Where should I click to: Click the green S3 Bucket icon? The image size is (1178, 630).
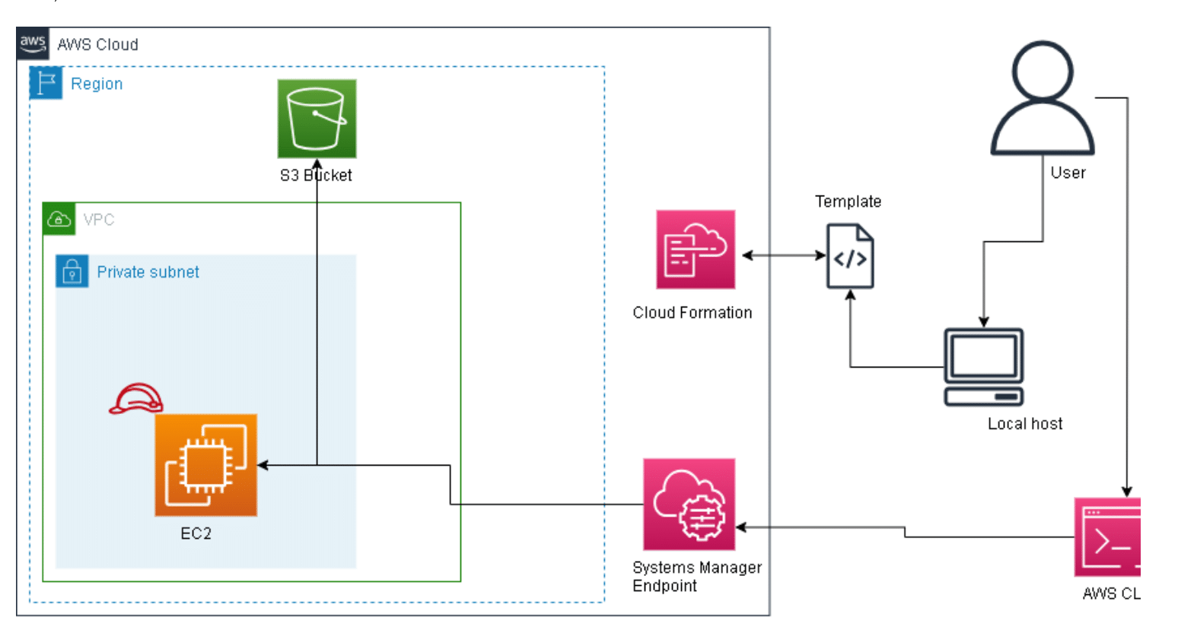click(317, 119)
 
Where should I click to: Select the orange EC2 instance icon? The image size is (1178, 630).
click(205, 465)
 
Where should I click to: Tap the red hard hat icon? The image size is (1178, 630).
click(136, 399)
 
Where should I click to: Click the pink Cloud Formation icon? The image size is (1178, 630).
click(696, 250)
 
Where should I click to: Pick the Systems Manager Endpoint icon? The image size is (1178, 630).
click(689, 504)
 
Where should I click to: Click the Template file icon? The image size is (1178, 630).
click(850, 256)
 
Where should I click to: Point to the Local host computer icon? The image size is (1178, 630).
click(983, 367)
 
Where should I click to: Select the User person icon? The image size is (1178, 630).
click(1042, 99)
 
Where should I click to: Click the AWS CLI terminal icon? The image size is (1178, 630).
click(1108, 537)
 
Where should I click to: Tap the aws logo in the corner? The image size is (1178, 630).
click(33, 43)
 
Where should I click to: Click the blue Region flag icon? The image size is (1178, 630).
click(46, 83)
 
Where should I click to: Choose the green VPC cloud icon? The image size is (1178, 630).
click(59, 219)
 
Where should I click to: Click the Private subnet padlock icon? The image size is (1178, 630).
click(72, 271)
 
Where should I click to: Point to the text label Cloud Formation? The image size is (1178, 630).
click(692, 313)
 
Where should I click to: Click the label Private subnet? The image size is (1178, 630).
click(148, 272)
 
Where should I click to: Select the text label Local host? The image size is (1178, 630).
click(1024, 424)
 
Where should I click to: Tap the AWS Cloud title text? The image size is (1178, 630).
click(97, 45)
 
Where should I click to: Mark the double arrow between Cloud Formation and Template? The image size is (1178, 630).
click(784, 256)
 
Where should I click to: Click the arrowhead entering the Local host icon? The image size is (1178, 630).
click(983, 322)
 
